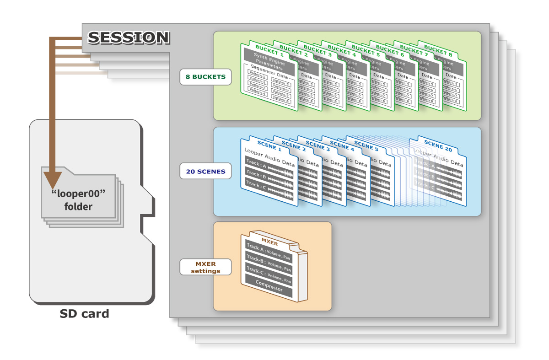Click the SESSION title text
[x=128, y=38]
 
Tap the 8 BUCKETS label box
[x=205, y=77]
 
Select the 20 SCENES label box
[x=205, y=172]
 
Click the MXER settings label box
[x=205, y=267]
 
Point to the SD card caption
[x=85, y=314]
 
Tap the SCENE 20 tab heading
[x=438, y=147]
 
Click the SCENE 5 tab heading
[x=364, y=145]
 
